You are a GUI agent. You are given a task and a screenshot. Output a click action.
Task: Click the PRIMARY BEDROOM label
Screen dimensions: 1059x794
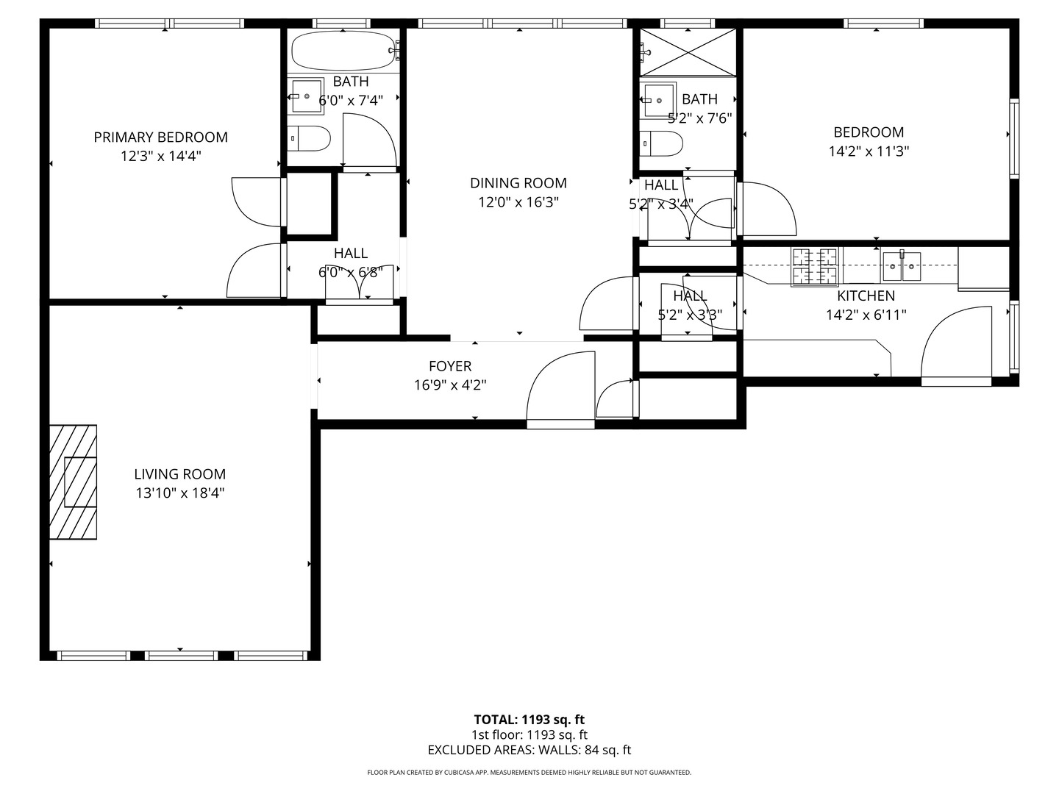160,137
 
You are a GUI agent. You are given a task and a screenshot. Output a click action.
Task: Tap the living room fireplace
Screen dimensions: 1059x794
74,482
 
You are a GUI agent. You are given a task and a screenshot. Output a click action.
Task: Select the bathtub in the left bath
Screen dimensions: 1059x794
343,51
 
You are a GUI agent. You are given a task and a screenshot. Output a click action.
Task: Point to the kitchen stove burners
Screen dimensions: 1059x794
814,267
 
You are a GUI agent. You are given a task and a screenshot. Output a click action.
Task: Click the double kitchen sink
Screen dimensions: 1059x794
901,266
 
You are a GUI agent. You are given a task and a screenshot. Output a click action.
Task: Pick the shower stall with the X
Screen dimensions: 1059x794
688,52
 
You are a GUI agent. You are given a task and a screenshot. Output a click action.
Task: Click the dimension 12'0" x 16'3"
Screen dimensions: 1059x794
518,202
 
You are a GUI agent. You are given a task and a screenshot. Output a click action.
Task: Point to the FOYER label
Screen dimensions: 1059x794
450,366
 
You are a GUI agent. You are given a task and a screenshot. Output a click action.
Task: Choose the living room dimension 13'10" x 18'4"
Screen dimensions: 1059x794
180,493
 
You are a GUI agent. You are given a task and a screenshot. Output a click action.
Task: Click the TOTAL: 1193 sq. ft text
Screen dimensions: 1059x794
529,720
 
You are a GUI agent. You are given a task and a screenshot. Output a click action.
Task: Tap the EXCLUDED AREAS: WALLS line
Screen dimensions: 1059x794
529,750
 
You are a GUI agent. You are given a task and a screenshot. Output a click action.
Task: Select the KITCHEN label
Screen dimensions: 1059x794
866,296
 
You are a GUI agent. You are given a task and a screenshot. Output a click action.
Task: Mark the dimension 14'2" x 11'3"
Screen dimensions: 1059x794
869,151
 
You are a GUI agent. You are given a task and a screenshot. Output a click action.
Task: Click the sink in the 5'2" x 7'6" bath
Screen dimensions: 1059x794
658,101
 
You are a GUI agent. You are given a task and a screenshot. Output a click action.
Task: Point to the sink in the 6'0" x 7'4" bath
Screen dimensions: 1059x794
307,96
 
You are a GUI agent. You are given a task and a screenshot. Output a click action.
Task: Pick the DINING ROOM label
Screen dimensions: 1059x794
518,183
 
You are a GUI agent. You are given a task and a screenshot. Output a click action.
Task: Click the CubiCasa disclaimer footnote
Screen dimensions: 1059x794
529,773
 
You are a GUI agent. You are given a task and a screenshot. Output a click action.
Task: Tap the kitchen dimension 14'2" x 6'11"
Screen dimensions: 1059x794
866,315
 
